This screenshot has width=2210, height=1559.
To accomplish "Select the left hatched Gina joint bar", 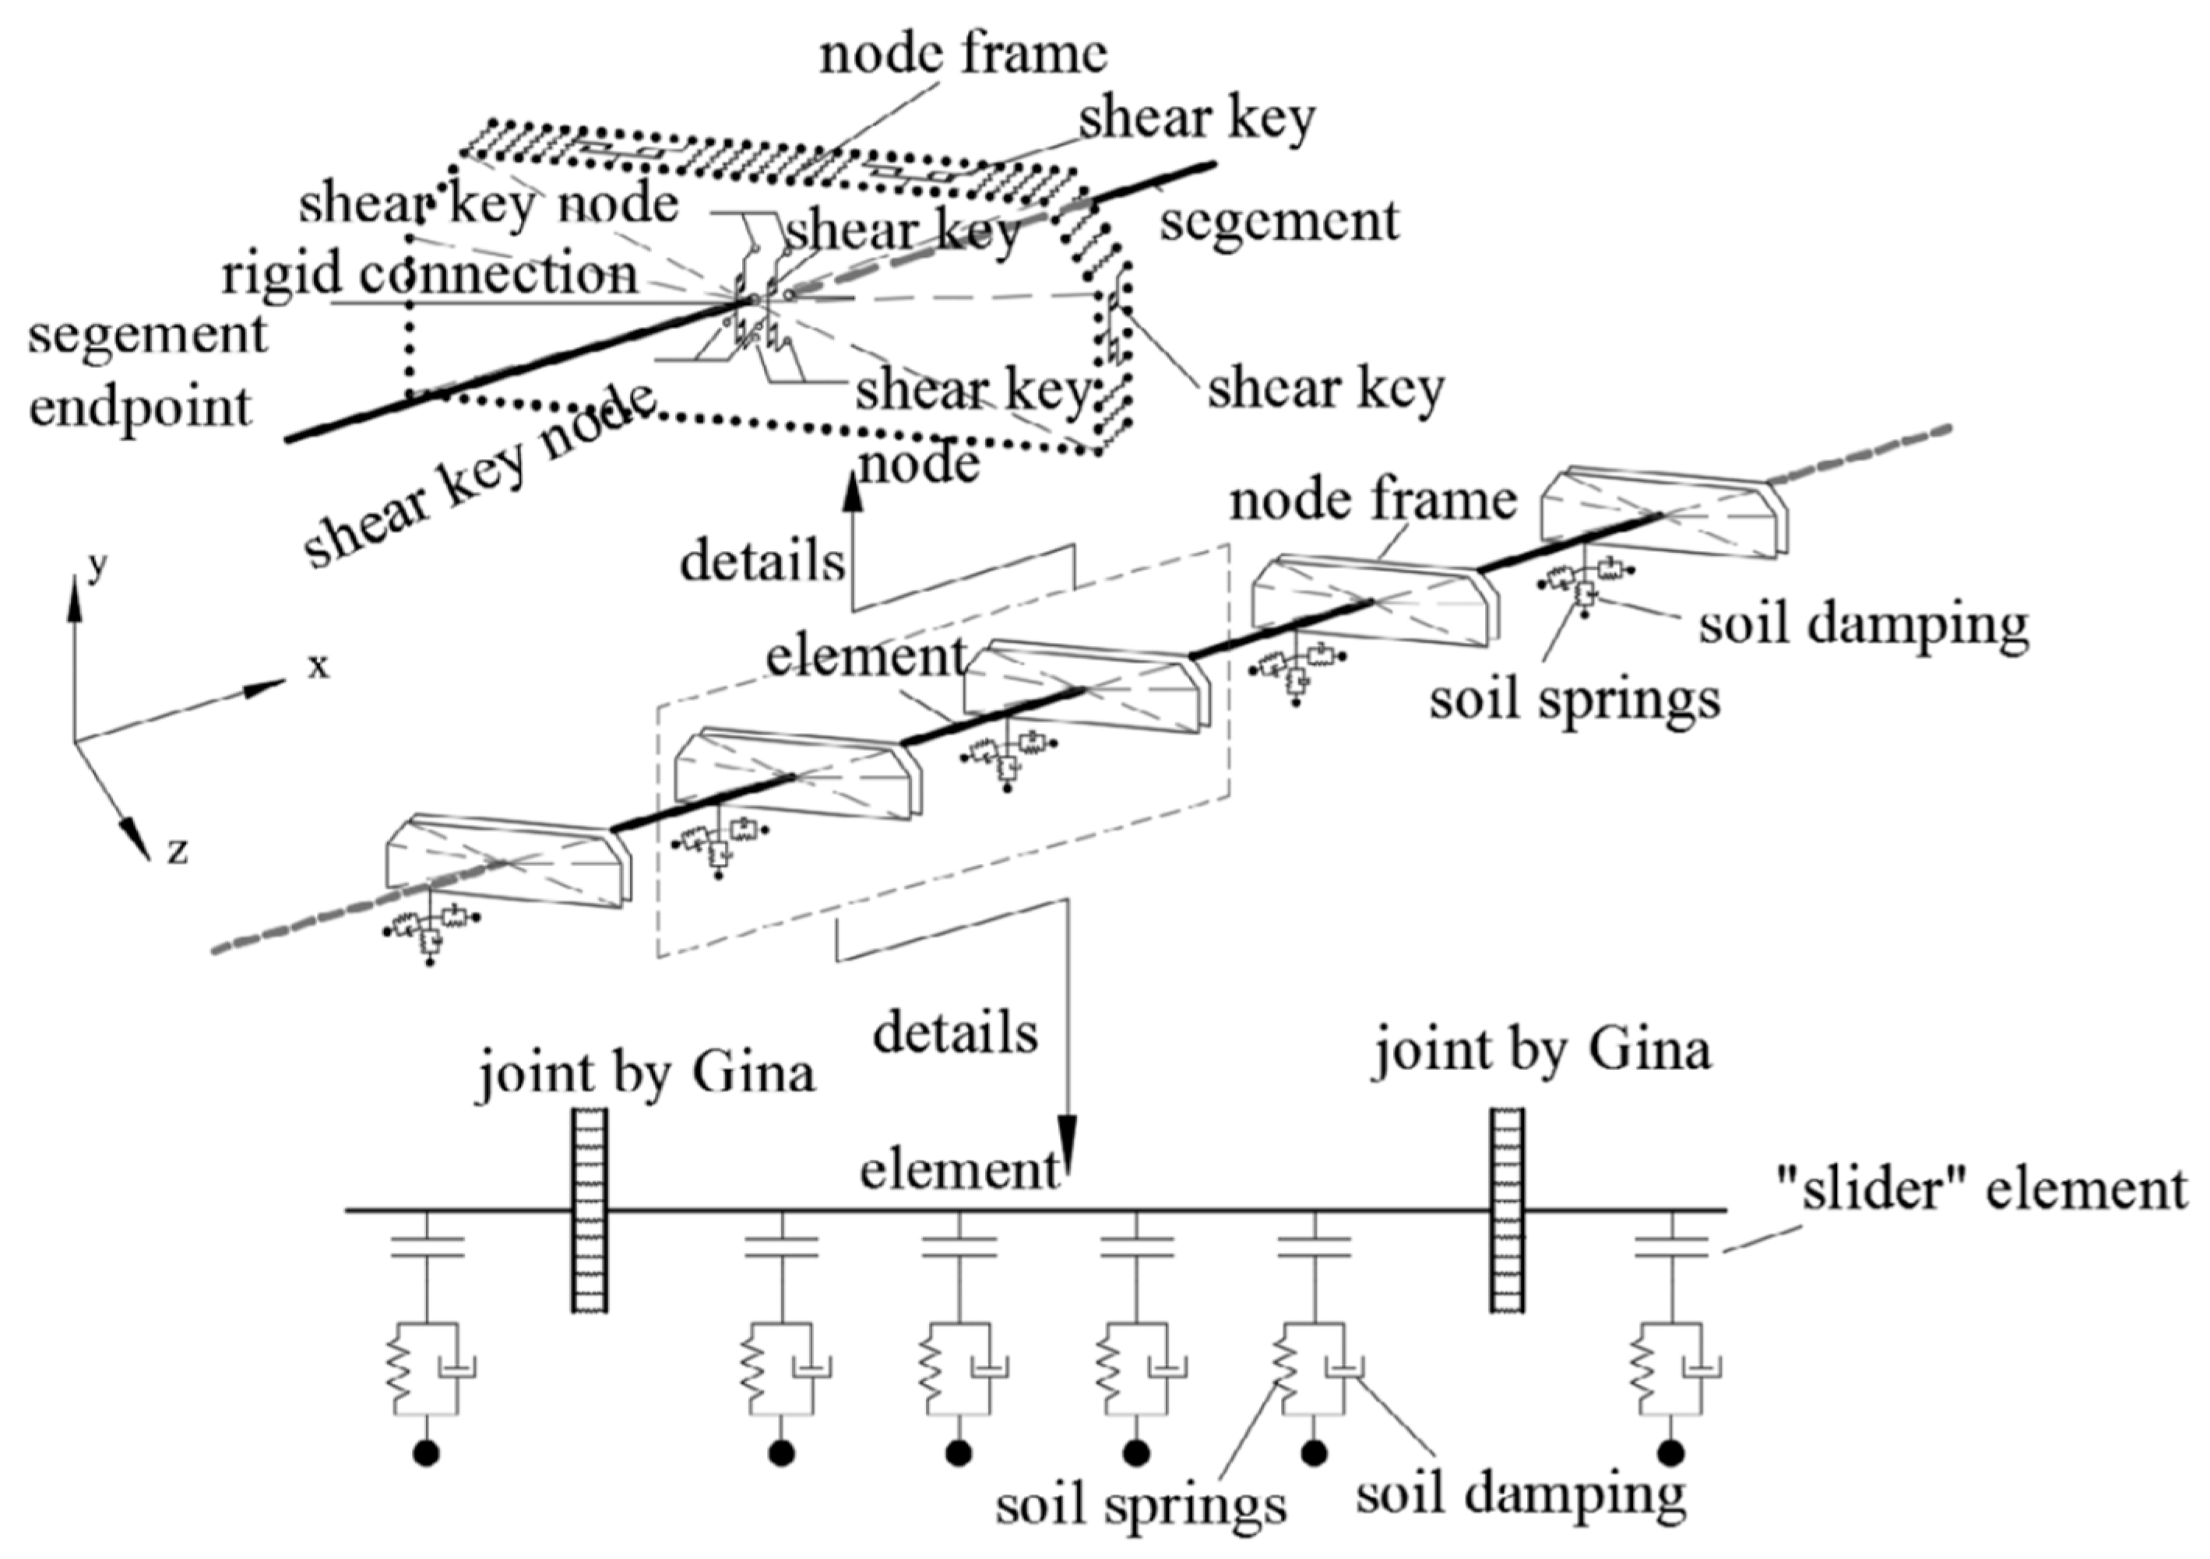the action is [589, 1210].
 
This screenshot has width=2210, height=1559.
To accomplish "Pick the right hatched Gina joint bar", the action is [1508, 1210].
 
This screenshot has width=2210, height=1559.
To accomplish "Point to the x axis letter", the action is [318, 666].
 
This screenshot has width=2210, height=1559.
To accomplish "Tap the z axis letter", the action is [177, 851].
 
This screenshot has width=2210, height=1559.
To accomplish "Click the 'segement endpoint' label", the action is [147, 371].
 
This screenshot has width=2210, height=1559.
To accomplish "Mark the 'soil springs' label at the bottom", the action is [1141, 1505].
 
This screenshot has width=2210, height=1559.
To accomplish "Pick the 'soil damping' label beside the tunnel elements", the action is [1864, 624].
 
